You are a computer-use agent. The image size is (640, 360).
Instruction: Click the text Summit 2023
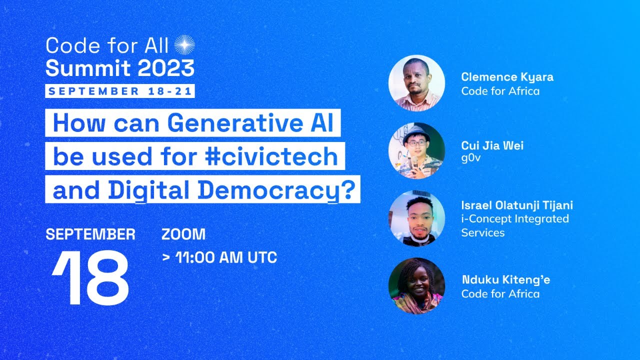pos(120,68)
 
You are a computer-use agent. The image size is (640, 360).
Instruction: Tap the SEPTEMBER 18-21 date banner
pos(120,91)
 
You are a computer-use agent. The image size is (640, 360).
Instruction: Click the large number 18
pos(91,279)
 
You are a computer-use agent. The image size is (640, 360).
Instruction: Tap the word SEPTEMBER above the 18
pos(90,234)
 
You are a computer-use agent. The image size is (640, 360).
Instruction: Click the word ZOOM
pos(183,234)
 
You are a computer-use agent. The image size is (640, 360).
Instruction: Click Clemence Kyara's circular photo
pos(416,83)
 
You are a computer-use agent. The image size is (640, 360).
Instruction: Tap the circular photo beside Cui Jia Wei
pos(416,150)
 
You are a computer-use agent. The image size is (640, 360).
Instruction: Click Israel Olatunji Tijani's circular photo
pos(416,218)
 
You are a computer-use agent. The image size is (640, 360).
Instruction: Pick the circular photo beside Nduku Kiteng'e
pos(416,285)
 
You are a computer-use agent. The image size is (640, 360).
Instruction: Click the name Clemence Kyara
pos(507,77)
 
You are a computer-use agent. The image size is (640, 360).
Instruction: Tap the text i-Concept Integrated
pos(515,219)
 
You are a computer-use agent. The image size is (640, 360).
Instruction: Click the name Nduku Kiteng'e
pos(505,280)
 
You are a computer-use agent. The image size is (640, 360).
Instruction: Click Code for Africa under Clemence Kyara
pos(500,91)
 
